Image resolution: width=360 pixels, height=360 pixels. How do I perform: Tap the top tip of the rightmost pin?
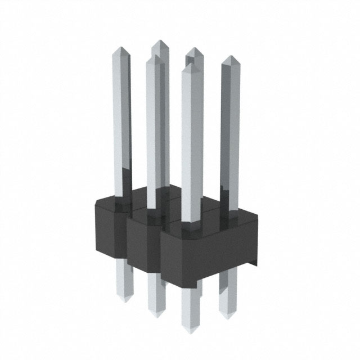click(x=229, y=57)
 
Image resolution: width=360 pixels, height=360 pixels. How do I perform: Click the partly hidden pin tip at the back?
click(x=195, y=50)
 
